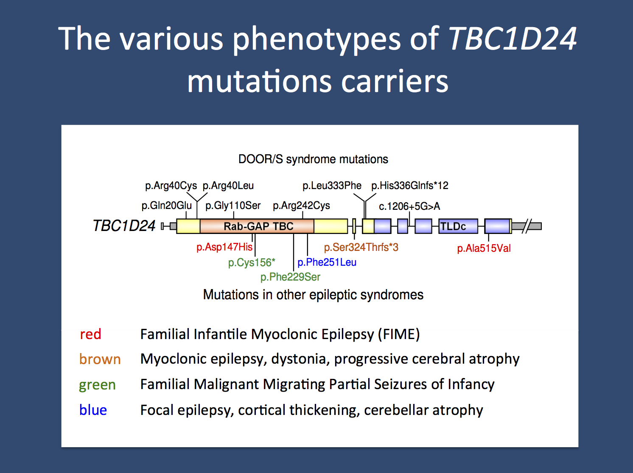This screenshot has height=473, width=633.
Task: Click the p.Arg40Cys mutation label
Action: pyautogui.click(x=171, y=186)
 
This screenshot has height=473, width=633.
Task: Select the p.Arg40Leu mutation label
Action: pyautogui.click(x=228, y=186)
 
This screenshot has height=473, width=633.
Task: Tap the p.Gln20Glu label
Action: pyautogui.click(x=166, y=206)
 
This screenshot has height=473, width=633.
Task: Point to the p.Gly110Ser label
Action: pyautogui.click(x=233, y=206)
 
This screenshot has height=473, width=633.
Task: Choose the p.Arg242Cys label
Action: pyautogui.click(x=301, y=206)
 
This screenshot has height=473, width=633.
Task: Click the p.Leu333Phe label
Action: pyautogui.click(x=332, y=186)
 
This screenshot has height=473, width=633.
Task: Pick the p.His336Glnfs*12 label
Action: pyautogui.click(x=409, y=186)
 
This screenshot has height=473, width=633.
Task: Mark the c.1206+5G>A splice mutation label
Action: pyautogui.click(x=409, y=206)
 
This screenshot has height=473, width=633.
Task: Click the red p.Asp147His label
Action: pyautogui.click(x=224, y=247)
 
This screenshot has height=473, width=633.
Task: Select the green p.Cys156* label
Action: pyautogui.click(x=252, y=263)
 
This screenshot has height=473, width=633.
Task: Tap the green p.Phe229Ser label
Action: pyautogui.click(x=290, y=277)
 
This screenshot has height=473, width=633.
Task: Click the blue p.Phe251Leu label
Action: pyautogui.click(x=327, y=262)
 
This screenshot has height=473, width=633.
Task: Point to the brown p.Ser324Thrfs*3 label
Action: pyautogui.click(x=361, y=247)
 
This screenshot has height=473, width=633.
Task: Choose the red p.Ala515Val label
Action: pyautogui.click(x=484, y=248)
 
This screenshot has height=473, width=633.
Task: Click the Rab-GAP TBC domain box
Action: pyautogui.click(x=258, y=226)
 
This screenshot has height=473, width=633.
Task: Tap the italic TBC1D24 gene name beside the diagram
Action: pyautogui.click(x=124, y=226)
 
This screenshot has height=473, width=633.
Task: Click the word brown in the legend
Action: pyautogui.click(x=100, y=359)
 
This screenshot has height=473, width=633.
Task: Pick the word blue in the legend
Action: pyautogui.click(x=93, y=410)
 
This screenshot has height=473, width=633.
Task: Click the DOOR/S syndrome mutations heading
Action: pyautogui.click(x=313, y=159)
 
